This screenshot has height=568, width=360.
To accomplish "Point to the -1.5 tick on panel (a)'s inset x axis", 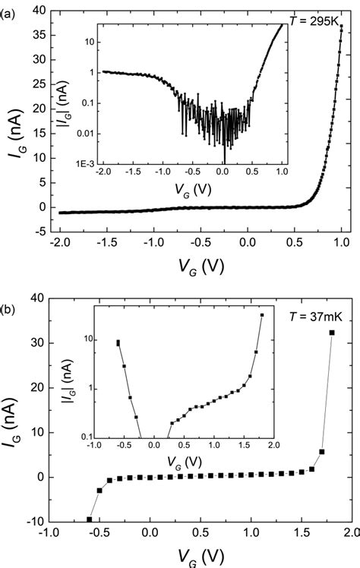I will (x=131, y=174).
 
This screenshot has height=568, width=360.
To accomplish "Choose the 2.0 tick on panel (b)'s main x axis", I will (x=351, y=534).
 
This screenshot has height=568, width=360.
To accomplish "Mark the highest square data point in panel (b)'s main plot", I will (x=331, y=333).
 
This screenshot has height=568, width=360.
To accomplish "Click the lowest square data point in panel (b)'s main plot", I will (x=90, y=519).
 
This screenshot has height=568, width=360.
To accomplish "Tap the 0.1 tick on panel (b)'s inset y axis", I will (x=81, y=437).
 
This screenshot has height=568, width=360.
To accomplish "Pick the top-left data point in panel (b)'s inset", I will (x=118, y=342).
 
